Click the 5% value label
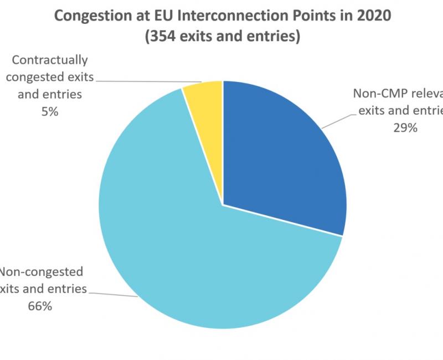click(50, 111)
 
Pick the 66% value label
click(40, 305)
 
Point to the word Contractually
click(50, 60)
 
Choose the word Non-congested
click(42, 271)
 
